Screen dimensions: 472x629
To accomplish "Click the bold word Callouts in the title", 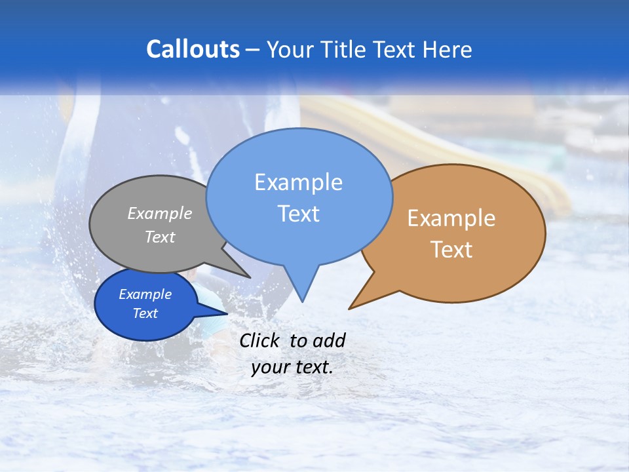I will [193, 49].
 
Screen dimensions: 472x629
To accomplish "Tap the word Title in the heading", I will [343, 49].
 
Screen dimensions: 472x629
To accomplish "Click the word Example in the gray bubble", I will [160, 213].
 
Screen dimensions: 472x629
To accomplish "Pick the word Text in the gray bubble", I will [160, 237].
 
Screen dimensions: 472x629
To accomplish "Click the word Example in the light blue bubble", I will [298, 182].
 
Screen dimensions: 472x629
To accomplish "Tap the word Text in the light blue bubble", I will [298, 214].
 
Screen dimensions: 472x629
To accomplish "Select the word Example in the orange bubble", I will [451, 218].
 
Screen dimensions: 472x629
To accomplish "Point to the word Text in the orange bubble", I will [451, 250].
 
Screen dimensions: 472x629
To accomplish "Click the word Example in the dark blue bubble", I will [145, 294].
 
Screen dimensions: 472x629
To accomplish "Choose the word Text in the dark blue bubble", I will [145, 313].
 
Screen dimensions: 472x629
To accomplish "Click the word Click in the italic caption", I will [259, 340].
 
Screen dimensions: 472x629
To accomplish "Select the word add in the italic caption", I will [330, 340].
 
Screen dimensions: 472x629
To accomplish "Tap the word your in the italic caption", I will [269, 367].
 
